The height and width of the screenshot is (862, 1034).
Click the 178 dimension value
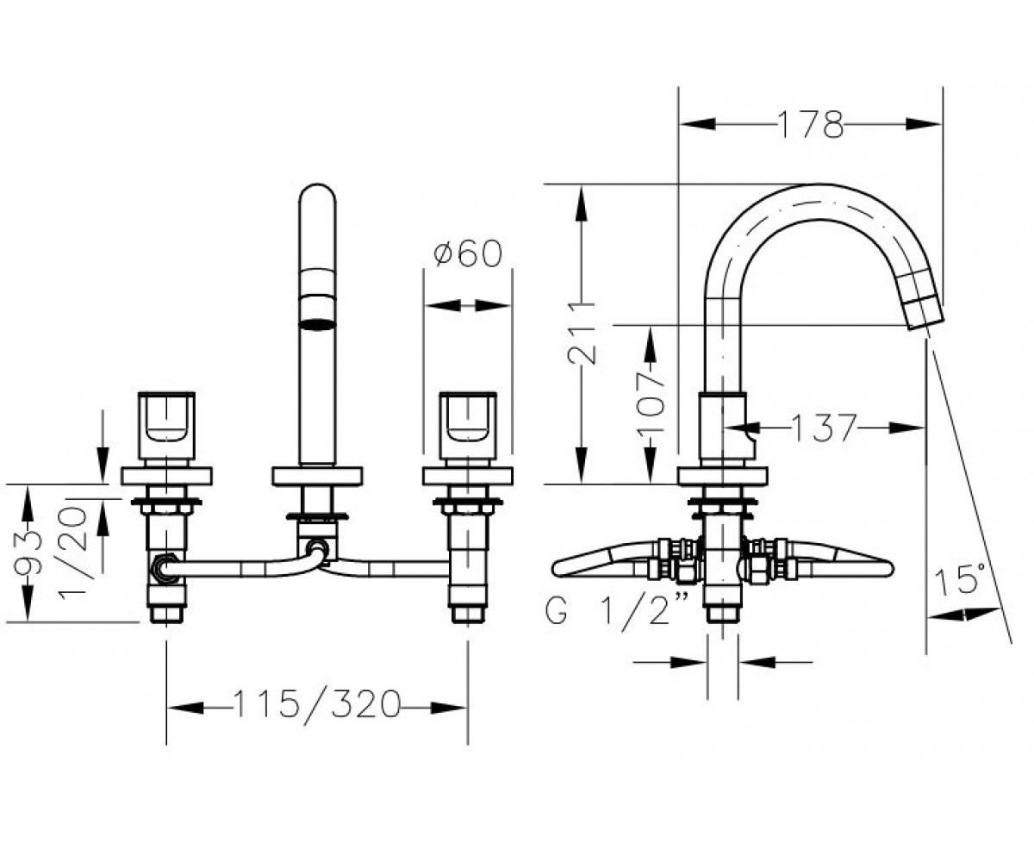point(810,124)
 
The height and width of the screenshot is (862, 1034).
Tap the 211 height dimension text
point(582,333)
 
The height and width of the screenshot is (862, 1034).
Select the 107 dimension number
point(651,404)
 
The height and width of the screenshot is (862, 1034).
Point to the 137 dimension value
point(824,428)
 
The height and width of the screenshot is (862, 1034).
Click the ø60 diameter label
point(468,253)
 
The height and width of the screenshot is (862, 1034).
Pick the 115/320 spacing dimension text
point(316,704)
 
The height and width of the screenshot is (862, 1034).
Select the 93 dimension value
point(28,553)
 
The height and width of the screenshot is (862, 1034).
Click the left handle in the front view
point(166,426)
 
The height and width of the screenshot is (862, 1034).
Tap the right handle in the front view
point(468,426)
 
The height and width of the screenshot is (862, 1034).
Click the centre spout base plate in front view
point(317,476)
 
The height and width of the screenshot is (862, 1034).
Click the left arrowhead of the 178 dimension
point(697,124)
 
